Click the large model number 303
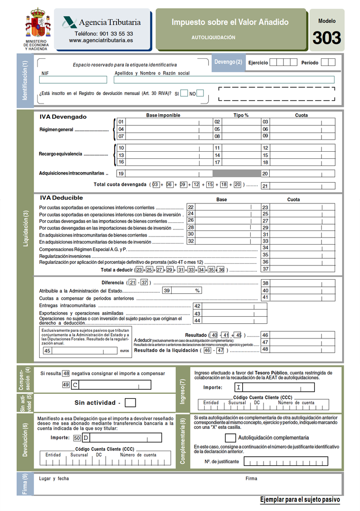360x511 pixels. [x=326, y=38]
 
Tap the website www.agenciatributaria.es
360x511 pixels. [x=101, y=40]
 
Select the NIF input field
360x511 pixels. [x=73, y=80]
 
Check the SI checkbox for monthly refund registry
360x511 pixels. [x=184, y=93]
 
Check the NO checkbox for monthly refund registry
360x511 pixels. [x=200, y=93]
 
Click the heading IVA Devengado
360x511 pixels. [x=63, y=117]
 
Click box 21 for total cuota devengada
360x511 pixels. [x=298, y=186]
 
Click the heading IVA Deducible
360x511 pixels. [x=61, y=198]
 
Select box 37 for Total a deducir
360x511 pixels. [x=298, y=269]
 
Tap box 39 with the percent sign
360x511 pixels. [x=182, y=290]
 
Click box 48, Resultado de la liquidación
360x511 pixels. [x=298, y=349]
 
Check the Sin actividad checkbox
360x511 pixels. [x=130, y=403]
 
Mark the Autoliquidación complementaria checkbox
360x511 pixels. [x=230, y=437]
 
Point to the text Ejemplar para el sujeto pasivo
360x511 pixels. [x=300, y=500]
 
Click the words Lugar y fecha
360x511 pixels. [x=54, y=479]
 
